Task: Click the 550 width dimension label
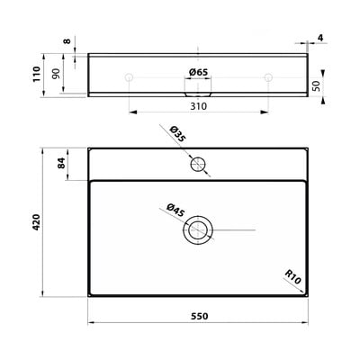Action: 199,316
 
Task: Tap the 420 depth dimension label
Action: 36,222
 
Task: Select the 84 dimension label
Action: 61,163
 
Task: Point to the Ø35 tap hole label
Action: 177,134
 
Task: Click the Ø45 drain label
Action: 175,211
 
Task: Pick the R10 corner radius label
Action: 292,276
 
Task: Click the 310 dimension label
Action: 199,106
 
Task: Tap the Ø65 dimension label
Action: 198,72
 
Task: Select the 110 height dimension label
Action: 36,74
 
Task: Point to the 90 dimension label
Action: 56,74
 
